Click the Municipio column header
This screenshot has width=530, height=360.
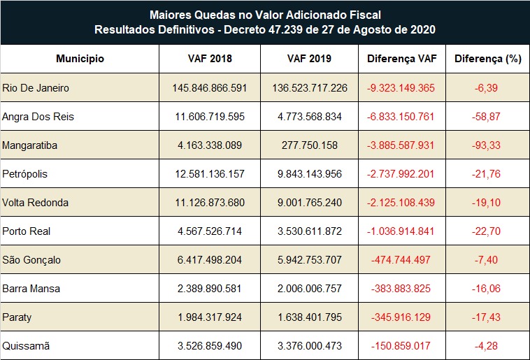80,59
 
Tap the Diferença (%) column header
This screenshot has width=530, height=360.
488,59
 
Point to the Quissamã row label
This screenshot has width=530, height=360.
27,345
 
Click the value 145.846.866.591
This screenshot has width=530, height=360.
210,88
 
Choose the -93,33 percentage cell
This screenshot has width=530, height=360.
487,145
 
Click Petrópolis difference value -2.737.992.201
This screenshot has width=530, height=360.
401,174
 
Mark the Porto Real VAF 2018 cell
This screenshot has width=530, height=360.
210,231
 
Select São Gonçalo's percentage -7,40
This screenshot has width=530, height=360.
487,260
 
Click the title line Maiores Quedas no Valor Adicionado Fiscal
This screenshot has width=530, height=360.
265,15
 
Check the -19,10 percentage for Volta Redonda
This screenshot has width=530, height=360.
487,203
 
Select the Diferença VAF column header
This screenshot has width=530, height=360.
402,59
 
